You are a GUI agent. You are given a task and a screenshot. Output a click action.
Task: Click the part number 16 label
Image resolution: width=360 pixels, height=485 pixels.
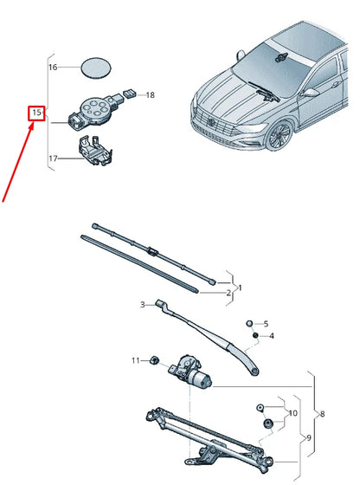click(x=52, y=67)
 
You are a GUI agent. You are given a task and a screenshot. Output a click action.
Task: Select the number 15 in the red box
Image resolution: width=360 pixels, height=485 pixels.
click(x=36, y=113)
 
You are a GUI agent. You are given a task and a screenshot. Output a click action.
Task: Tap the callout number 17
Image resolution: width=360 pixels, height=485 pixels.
click(x=52, y=158)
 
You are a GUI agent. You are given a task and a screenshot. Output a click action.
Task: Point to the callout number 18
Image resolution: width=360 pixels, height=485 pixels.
click(x=149, y=94)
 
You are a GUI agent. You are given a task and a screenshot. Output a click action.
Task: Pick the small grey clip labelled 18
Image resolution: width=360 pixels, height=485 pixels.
click(x=128, y=92)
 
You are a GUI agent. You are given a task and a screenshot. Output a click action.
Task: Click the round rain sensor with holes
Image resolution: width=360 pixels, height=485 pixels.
click(x=91, y=108)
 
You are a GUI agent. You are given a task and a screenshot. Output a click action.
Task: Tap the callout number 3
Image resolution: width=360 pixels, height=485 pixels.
click(x=143, y=305)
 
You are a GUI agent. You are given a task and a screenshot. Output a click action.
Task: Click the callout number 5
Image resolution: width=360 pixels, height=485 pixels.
click(x=266, y=322)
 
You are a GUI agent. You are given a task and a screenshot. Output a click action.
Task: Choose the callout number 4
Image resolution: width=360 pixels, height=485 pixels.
click(x=271, y=335)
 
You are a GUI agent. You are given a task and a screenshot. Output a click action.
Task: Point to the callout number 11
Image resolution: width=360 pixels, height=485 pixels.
click(x=135, y=359)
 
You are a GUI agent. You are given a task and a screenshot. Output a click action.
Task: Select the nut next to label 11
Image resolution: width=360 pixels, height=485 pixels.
click(x=152, y=360)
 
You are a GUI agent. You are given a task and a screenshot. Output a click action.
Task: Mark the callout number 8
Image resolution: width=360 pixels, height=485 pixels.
click(x=323, y=416)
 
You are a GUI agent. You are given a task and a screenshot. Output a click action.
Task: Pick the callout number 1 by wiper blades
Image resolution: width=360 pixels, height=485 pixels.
click(x=240, y=287)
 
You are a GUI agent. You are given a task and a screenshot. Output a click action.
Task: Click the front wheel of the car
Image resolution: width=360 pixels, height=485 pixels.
click(x=280, y=135)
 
